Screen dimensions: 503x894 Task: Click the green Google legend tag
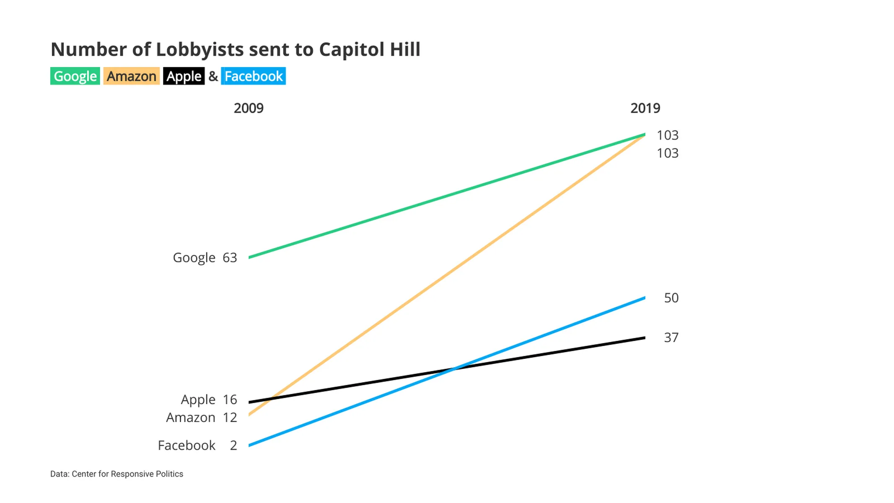click(x=75, y=76)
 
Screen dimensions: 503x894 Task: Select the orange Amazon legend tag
click(x=131, y=76)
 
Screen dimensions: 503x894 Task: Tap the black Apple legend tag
click(x=184, y=76)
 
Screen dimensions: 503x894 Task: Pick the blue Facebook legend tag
click(x=253, y=76)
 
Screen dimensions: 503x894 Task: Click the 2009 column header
click(x=249, y=108)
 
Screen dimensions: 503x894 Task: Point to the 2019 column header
click(x=645, y=108)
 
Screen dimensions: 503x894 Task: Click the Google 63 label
click(x=205, y=257)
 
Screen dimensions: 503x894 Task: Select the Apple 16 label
click(x=209, y=399)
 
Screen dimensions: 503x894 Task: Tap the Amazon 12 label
click(x=202, y=417)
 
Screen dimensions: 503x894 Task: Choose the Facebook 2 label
click(x=197, y=445)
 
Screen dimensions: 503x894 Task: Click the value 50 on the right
click(x=671, y=298)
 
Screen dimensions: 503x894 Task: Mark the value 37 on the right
click(x=671, y=337)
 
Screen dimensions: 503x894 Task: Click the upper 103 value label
click(x=667, y=135)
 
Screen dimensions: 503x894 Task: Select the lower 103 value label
click(x=667, y=153)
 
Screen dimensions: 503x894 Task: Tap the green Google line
click(x=447, y=196)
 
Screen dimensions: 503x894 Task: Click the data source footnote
click(x=117, y=474)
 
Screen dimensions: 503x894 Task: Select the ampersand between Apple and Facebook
click(x=213, y=76)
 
